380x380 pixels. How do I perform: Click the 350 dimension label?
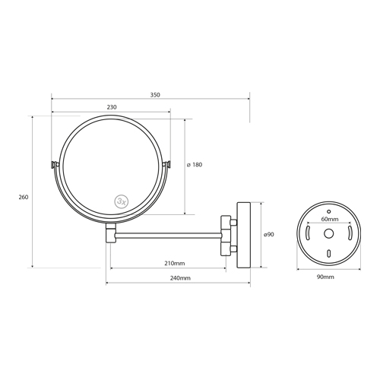154,95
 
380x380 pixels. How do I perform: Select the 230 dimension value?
112,107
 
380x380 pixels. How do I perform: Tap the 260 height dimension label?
24,197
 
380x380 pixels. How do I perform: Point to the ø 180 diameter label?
194,164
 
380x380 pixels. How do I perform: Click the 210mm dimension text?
174,263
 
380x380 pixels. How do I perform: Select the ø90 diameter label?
268,235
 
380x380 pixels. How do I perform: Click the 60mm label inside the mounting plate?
328,219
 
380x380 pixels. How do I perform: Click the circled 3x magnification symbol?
122,201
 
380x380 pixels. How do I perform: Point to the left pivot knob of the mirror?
52,164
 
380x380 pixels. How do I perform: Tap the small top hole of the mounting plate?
328,211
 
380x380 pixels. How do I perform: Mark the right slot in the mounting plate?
347,232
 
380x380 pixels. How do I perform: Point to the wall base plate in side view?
244,235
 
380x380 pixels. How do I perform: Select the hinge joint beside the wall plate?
226,235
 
